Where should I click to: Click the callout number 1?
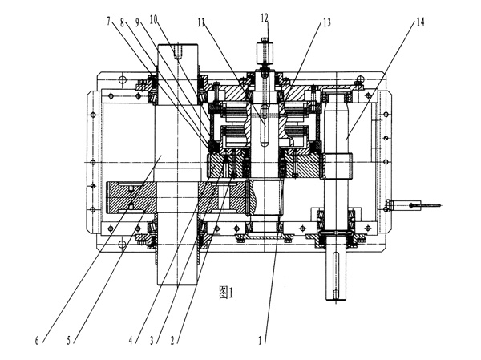pyautogui.click(x=260, y=339)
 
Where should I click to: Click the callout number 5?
pyautogui.click(x=69, y=339)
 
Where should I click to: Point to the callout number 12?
pyautogui.click(x=265, y=18)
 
